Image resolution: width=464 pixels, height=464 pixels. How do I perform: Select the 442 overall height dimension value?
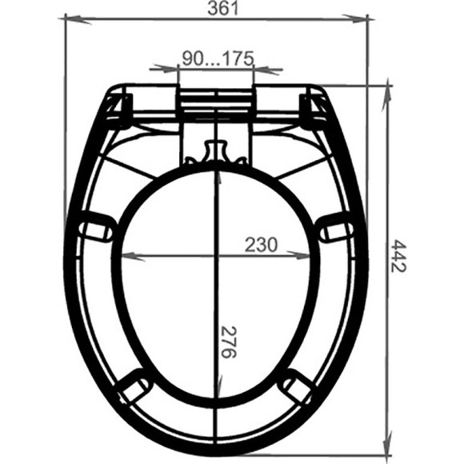click(398, 254)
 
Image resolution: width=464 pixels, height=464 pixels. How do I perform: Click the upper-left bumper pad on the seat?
click(94, 226)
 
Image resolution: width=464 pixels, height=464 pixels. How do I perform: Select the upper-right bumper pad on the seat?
click(336, 230)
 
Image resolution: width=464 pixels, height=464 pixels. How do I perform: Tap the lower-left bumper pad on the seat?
click(131, 390)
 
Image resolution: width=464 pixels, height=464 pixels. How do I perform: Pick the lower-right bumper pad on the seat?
click(300, 389)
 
